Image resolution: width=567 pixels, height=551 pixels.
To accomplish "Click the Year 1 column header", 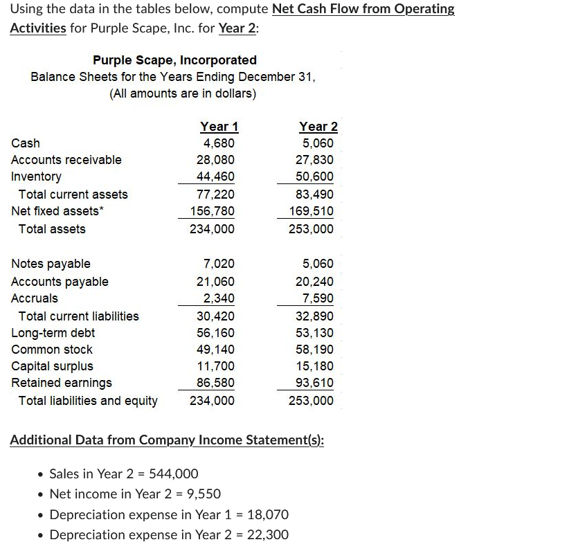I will click(x=219, y=127).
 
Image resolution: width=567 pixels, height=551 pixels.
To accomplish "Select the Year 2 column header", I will click(x=318, y=127).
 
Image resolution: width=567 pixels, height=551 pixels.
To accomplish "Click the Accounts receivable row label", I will click(x=66, y=160).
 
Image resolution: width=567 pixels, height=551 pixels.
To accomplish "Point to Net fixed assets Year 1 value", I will click(x=212, y=211).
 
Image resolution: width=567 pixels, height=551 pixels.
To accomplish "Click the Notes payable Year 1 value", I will click(x=219, y=264).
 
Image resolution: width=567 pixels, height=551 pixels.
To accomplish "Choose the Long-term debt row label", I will click(x=53, y=333).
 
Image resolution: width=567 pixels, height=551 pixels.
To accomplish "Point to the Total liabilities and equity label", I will click(x=88, y=401).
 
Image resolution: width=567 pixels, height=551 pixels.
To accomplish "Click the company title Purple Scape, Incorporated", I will click(x=174, y=60).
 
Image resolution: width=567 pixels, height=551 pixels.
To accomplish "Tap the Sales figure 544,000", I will click(x=174, y=473).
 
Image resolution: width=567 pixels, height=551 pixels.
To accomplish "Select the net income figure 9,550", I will click(x=204, y=494).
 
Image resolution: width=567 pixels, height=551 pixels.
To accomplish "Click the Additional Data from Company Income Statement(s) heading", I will click(x=167, y=440).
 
